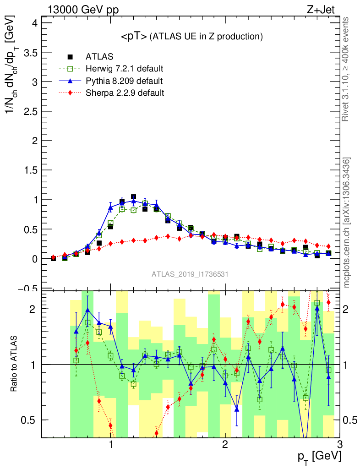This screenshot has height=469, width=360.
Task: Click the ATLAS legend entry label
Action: click(x=99, y=57)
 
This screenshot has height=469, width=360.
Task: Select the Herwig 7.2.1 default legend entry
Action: click(x=124, y=69)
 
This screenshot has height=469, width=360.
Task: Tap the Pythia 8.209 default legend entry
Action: click(x=124, y=81)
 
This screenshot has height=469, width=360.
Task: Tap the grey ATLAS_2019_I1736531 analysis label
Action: click(x=190, y=274)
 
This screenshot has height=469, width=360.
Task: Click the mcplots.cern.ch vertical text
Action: click(x=347, y=223)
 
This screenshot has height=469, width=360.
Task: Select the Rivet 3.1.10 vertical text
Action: click(x=347, y=69)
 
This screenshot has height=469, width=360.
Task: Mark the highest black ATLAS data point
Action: click(x=133, y=197)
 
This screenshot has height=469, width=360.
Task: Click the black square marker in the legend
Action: click(x=70, y=57)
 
